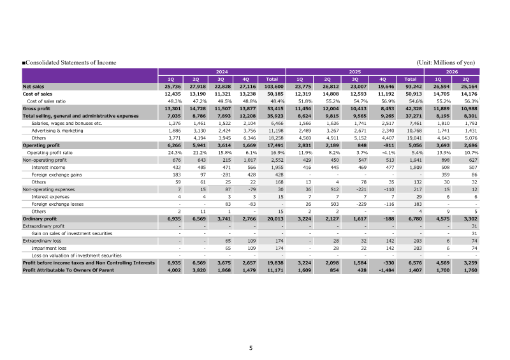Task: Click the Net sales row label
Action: point(33,87)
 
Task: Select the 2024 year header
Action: point(222,72)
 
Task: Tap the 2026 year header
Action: point(452,72)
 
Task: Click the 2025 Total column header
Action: point(410,80)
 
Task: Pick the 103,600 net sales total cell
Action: point(274,87)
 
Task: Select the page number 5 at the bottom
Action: point(251,348)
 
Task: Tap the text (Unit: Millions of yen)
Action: point(446,62)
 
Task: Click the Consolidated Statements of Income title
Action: point(69,62)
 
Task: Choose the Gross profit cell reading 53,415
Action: point(275,108)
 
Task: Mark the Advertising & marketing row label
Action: point(57,131)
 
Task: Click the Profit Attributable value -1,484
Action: point(386,270)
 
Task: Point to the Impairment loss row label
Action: point(49,248)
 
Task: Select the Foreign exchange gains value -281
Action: point(226,175)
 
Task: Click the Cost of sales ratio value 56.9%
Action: point(388,101)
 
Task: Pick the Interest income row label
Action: point(48,168)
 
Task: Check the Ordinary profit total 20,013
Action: point(275,219)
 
